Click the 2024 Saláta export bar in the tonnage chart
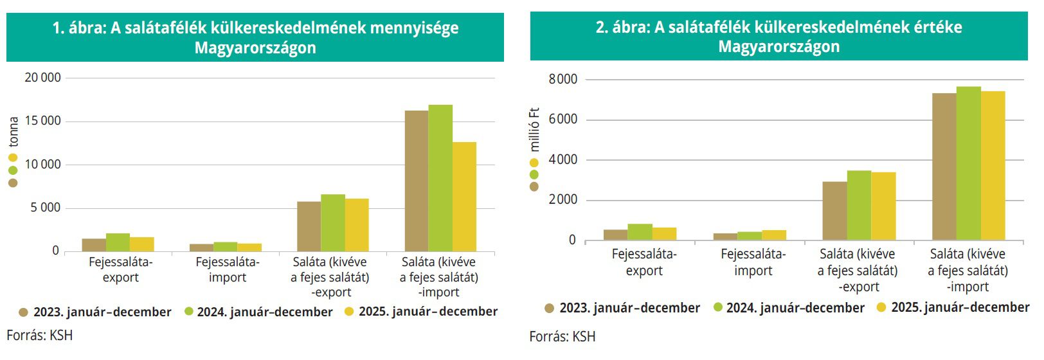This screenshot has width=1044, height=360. [333, 222]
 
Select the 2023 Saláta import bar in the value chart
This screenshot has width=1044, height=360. [944, 166]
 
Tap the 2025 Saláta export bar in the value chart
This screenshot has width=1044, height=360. [883, 206]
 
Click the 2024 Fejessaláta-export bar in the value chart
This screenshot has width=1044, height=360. [640, 232]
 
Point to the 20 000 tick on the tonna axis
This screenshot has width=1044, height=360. [42, 78]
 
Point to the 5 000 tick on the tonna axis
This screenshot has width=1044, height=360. [45, 208]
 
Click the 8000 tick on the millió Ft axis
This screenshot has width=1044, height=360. [562, 80]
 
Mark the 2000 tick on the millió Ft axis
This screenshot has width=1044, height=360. [562, 200]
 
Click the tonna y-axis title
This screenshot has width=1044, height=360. [14, 132]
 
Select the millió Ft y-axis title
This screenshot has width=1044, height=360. [534, 129]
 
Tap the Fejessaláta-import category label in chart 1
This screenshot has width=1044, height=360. [228, 270]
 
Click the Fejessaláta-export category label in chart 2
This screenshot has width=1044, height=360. [643, 262]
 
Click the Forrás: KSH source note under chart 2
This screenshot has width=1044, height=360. [562, 337]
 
